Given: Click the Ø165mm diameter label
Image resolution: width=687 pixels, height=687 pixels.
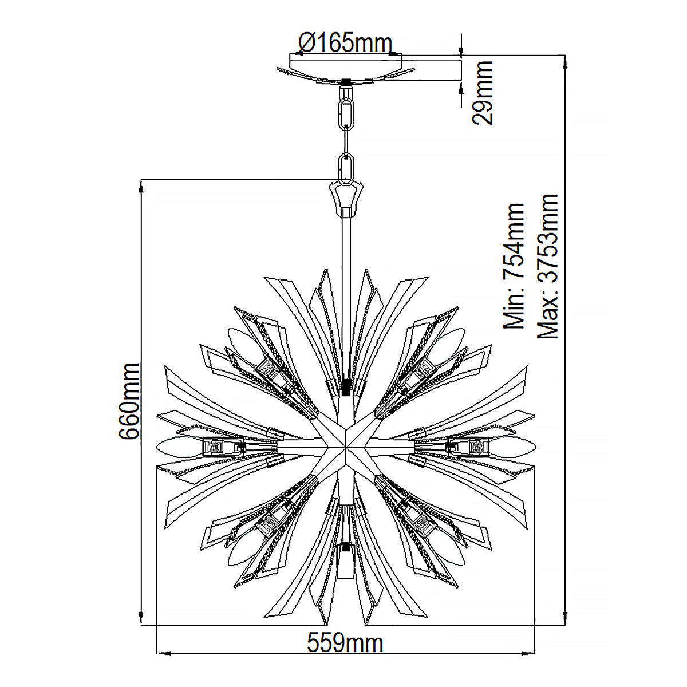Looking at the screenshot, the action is pos(345,44).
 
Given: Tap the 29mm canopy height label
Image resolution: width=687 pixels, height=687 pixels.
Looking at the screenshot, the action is pos(483,92).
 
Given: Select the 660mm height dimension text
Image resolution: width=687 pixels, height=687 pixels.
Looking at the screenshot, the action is pos(128,401).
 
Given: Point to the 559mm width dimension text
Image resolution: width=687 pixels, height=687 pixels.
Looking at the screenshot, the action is pos(345,643).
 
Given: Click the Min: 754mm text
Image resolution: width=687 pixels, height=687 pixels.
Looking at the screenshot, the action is pos(514,266).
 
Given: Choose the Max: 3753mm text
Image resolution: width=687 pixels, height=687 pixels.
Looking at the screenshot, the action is pos(547,266).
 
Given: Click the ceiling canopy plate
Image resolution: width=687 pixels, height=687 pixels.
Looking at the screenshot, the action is pos(346,69).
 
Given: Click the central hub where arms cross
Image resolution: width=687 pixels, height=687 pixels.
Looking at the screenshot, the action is pos(345,447).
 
